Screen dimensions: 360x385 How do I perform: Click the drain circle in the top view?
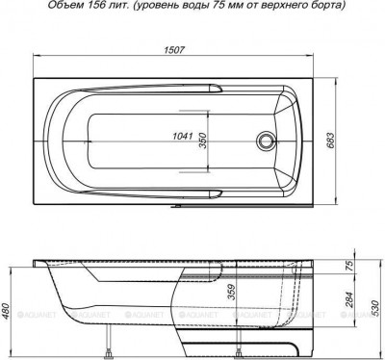(266, 144)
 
